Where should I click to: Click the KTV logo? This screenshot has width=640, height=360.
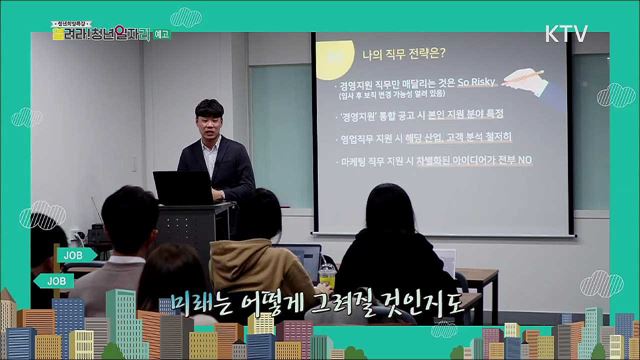[566, 33]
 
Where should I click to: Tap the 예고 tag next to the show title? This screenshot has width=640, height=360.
[135, 33]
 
